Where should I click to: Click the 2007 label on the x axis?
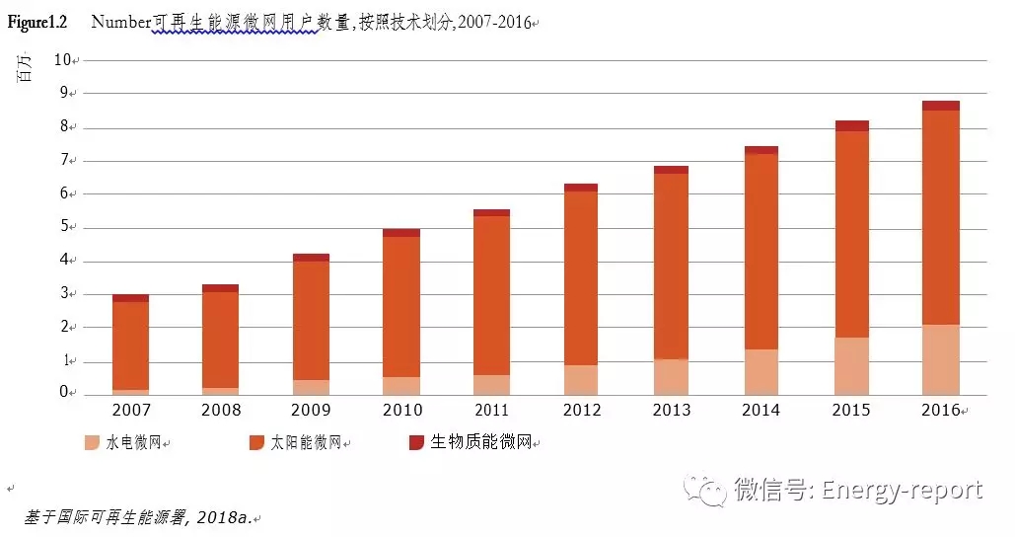[x=130, y=410]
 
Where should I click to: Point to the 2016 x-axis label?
[x=939, y=410]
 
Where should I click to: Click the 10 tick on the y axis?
[x=63, y=59]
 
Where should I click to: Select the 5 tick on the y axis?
[x=66, y=227]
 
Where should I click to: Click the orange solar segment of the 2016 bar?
[x=940, y=217]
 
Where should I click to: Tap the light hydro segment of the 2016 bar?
[x=940, y=359]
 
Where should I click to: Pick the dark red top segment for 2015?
[x=850, y=125]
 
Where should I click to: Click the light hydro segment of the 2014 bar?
[x=761, y=372]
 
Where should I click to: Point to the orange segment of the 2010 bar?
[x=400, y=307]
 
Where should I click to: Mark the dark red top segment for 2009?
[x=311, y=258]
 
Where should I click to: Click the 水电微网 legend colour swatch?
[x=92, y=442]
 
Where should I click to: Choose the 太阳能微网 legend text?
[x=306, y=443]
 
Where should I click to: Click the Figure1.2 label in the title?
[x=37, y=22]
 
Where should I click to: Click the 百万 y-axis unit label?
[x=28, y=68]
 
